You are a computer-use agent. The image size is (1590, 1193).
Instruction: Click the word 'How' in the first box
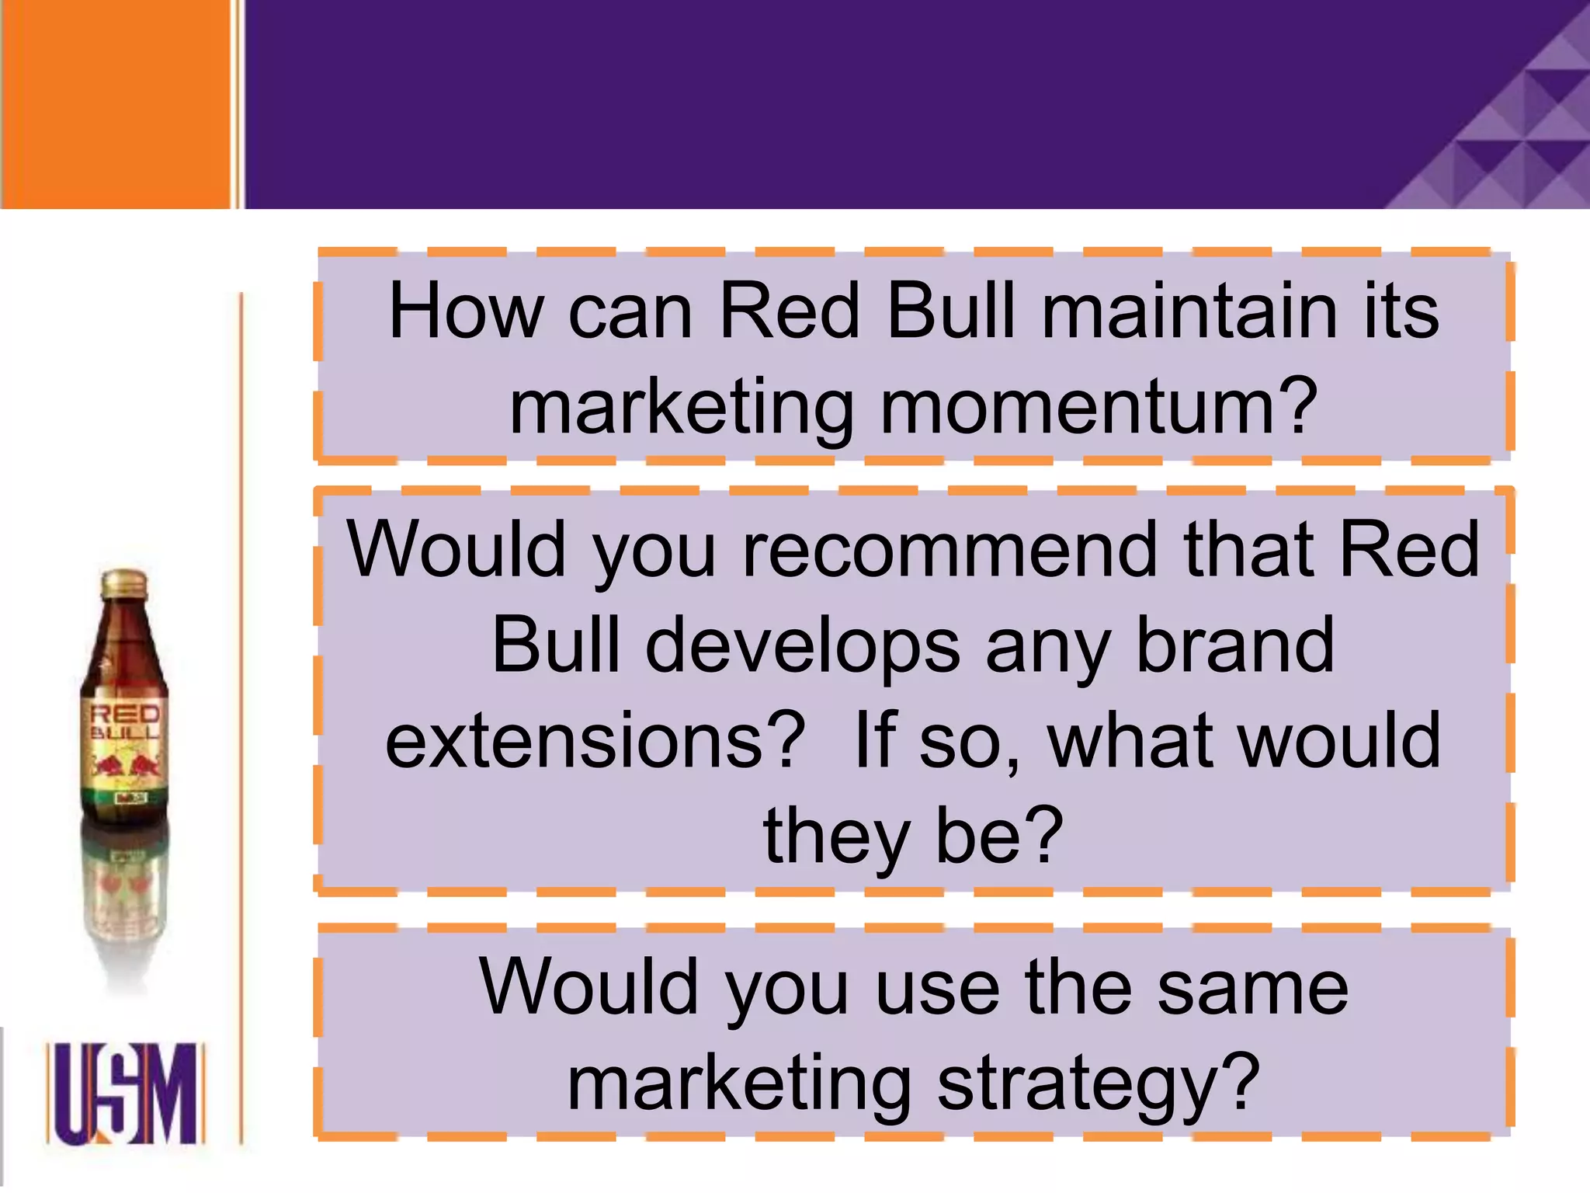(x=465, y=312)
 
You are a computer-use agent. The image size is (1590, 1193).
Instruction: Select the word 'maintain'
(x=1189, y=312)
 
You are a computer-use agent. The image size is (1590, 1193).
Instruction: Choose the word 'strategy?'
(x=1099, y=1084)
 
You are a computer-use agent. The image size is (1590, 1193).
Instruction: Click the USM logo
(x=124, y=1094)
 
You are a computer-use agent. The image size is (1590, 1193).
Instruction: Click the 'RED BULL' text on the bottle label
(x=124, y=722)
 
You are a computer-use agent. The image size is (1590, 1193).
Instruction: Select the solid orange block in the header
(x=116, y=104)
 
